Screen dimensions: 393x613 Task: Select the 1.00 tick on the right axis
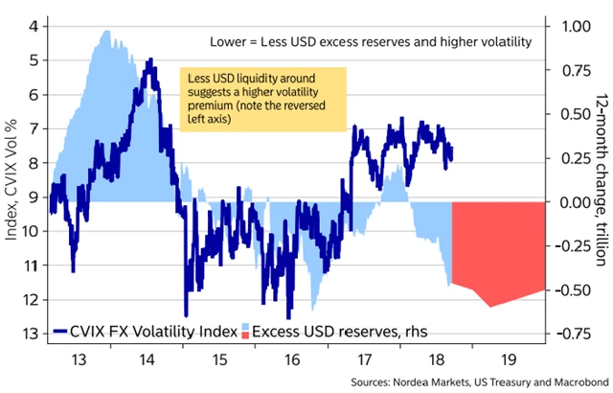(577, 26)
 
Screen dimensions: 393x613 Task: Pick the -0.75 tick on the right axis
(574, 334)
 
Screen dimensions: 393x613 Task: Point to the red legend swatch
(244, 332)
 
